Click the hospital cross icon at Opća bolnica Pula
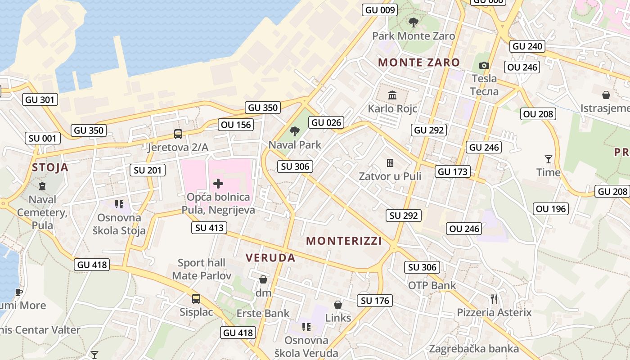tap(218, 183)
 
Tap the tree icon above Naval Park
tap(295, 131)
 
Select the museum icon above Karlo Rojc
tap(392, 95)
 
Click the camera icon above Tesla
tap(484, 66)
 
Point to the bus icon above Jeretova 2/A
tap(178, 134)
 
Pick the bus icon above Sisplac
tap(196, 298)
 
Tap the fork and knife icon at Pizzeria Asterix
tap(494, 299)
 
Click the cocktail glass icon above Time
tap(548, 159)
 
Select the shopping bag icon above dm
tap(263, 279)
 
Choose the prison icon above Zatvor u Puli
tap(390, 162)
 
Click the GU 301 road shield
tap(40, 99)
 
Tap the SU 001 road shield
tap(42, 138)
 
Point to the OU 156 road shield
tap(236, 125)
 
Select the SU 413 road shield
tap(209, 228)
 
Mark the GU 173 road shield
tap(453, 171)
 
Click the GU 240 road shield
tap(527, 46)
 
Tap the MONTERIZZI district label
tap(344, 241)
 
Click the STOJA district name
tap(50, 168)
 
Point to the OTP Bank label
tap(432, 285)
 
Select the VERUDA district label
tap(270, 258)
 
